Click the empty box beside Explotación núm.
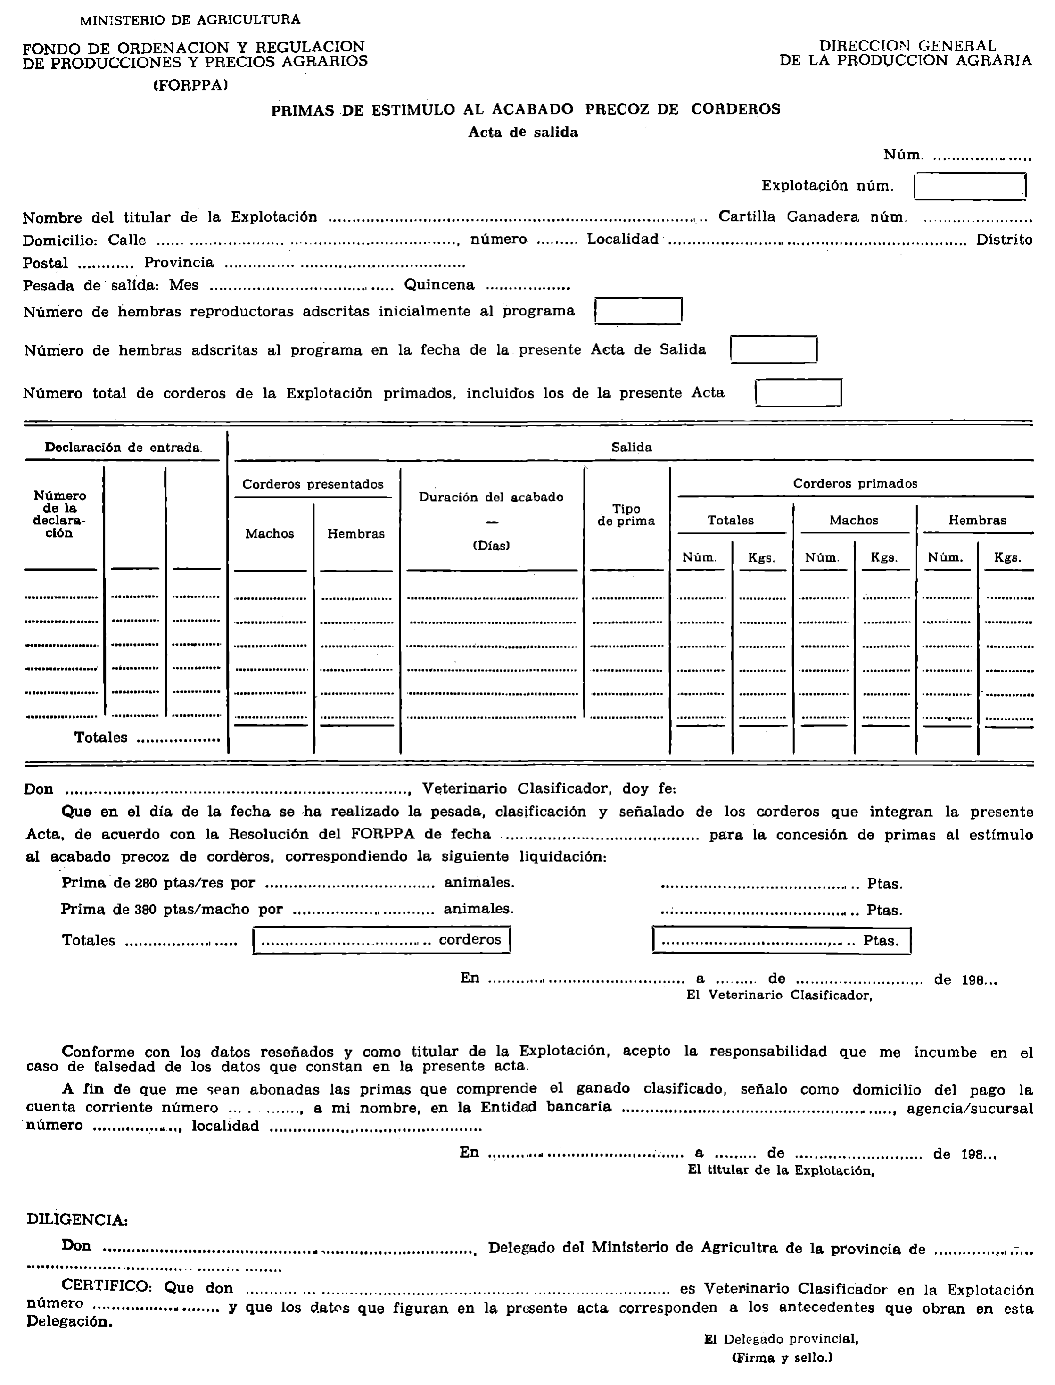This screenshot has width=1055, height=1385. [x=970, y=187]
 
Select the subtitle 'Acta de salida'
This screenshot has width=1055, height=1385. [x=522, y=133]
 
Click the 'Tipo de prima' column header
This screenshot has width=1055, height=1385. [x=626, y=515]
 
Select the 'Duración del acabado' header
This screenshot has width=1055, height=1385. [x=491, y=497]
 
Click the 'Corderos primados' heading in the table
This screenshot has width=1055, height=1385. [x=855, y=484]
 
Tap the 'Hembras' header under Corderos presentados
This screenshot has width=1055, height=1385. [x=355, y=534]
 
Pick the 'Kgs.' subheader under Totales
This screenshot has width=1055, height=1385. [x=761, y=558]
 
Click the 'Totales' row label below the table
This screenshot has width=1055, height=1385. [x=100, y=738]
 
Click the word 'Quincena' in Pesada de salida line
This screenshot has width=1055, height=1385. [x=439, y=285]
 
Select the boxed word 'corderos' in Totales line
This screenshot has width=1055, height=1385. [x=470, y=940]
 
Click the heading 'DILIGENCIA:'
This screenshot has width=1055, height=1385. [x=77, y=1220]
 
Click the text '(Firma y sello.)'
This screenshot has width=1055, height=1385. [x=782, y=1358]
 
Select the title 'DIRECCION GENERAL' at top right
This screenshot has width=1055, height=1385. [x=907, y=46]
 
